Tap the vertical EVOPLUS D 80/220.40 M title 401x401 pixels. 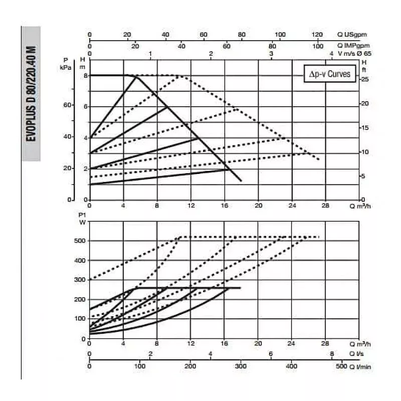pos(31,94)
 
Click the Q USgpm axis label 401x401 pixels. pos(352,35)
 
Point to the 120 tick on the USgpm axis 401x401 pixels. pos(317,35)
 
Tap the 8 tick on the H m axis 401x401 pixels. pos(86,76)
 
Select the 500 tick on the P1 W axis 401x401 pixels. pos(80,241)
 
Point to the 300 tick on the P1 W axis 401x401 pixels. pos(80,280)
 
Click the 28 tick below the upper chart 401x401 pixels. pos(325,206)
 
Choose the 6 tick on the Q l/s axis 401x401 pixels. pos(271,353)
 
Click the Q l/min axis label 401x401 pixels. pos(360,366)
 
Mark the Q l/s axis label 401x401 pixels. pos(356,354)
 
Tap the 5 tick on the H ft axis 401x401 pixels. pos(364,176)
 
